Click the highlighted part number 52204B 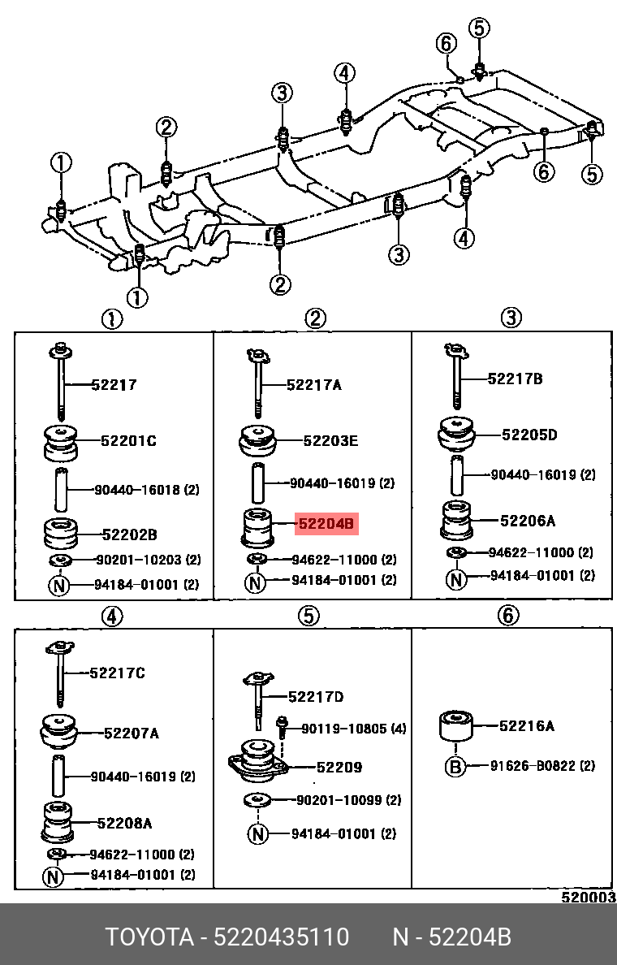pyautogui.click(x=326, y=524)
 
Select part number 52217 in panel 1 pyautogui.click(x=114, y=385)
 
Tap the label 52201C pyautogui.click(x=128, y=441)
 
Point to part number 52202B pyautogui.click(x=129, y=534)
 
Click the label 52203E pyautogui.click(x=330, y=441)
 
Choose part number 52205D pyautogui.click(x=529, y=435)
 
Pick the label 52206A pyautogui.click(x=528, y=521)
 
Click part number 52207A pyautogui.click(x=131, y=733)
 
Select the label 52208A pyautogui.click(x=124, y=823)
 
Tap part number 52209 pyautogui.click(x=339, y=767)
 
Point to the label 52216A pyautogui.click(x=527, y=726)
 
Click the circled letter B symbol pyautogui.click(x=455, y=766)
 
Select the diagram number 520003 pyautogui.click(x=589, y=898)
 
